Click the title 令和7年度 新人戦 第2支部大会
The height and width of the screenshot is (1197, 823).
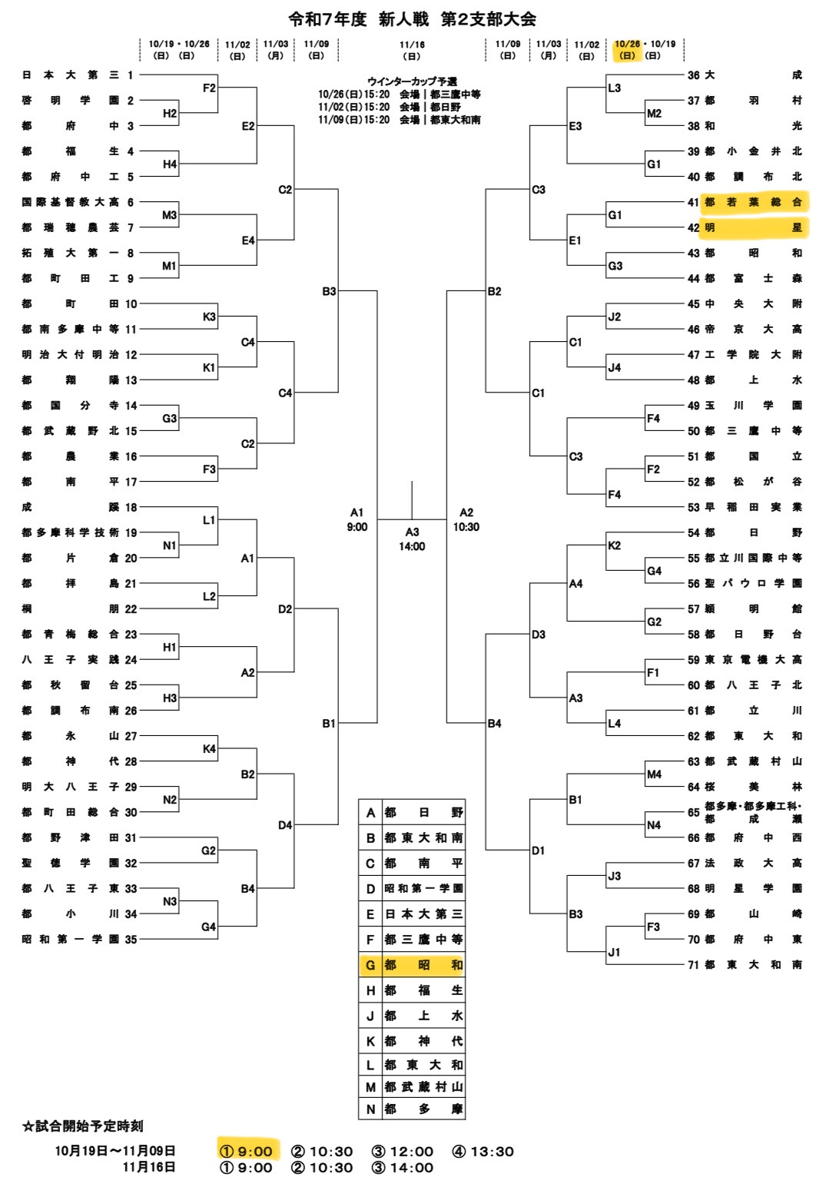pyautogui.click(x=412, y=19)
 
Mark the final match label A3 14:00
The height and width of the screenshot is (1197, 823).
pyautogui.click(x=412, y=539)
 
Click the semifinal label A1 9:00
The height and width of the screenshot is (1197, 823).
pyautogui.click(x=357, y=519)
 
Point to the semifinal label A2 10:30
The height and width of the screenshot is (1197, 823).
pyautogui.click(x=466, y=519)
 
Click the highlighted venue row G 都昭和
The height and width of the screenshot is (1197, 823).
pyautogui.click(x=412, y=965)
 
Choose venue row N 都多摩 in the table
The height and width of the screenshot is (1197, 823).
pyautogui.click(x=412, y=1109)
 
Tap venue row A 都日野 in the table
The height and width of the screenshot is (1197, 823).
pyautogui.click(x=412, y=812)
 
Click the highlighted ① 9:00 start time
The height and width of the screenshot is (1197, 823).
pyautogui.click(x=247, y=1151)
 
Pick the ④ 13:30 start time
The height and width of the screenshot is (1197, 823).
pyautogui.click(x=483, y=1151)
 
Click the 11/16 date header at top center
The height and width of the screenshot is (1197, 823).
pyautogui.click(x=412, y=50)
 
